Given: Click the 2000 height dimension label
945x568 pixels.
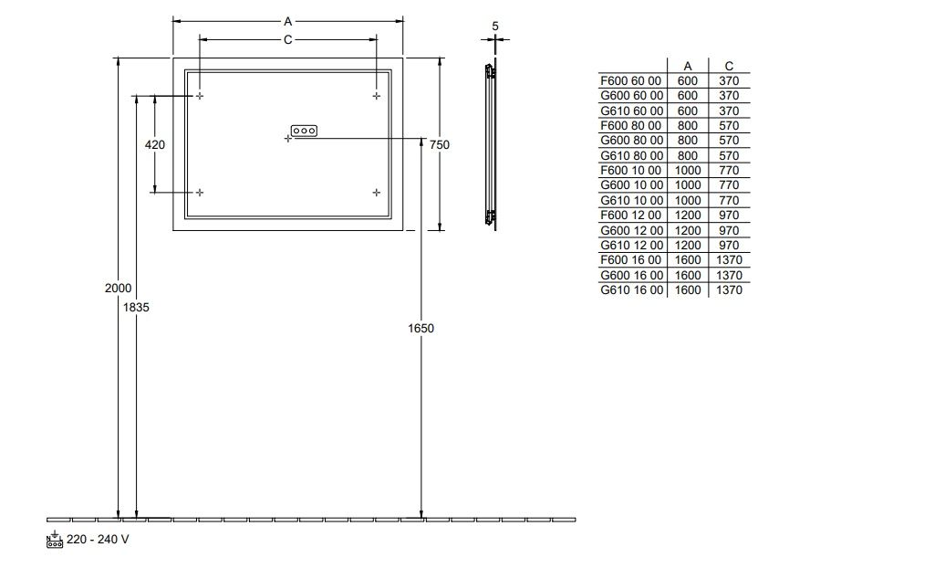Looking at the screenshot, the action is pyautogui.click(x=118, y=289).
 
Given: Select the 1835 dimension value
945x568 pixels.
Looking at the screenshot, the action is pyautogui.click(x=136, y=307).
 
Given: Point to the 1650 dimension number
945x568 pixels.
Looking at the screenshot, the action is pyautogui.click(x=421, y=329).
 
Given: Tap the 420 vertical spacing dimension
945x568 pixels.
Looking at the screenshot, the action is pyautogui.click(x=155, y=145).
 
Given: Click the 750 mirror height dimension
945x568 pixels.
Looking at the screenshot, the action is pyautogui.click(x=440, y=145).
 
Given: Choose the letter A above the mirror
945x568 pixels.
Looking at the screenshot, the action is pyautogui.click(x=288, y=22).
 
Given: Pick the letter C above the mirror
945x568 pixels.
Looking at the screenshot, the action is pyautogui.click(x=288, y=40).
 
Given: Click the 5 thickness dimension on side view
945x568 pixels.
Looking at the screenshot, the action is pyautogui.click(x=495, y=26).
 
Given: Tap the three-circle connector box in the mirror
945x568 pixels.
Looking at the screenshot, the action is pyautogui.click(x=304, y=131).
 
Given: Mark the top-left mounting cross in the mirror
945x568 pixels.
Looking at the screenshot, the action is pyautogui.click(x=200, y=96).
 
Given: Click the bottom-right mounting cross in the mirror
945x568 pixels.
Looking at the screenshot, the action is pyautogui.click(x=376, y=193).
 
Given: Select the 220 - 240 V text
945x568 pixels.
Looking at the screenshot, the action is pyautogui.click(x=98, y=540).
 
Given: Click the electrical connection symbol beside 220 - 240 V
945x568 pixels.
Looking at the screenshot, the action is pyautogui.click(x=54, y=539).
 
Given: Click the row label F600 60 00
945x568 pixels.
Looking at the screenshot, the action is pyautogui.click(x=631, y=81).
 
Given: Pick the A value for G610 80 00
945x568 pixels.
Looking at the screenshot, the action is pyautogui.click(x=688, y=156).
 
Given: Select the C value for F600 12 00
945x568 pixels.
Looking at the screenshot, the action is pyautogui.click(x=729, y=216).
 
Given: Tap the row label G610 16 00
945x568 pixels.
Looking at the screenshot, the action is pyautogui.click(x=631, y=290).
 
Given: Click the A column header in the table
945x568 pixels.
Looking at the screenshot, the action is pyautogui.click(x=688, y=67).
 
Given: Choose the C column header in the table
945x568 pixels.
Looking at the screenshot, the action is pyautogui.click(x=729, y=67).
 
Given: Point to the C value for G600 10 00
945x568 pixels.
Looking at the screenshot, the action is pyautogui.click(x=729, y=185).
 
